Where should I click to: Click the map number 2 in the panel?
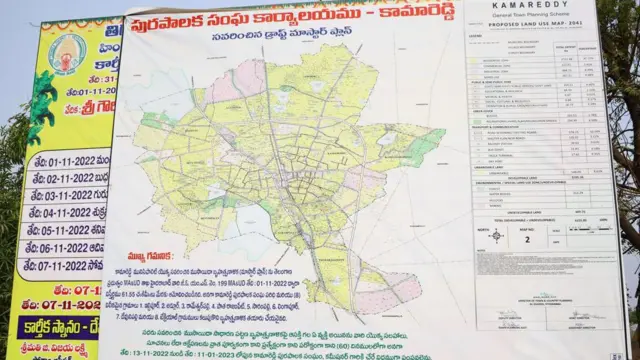(x=527, y=240)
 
